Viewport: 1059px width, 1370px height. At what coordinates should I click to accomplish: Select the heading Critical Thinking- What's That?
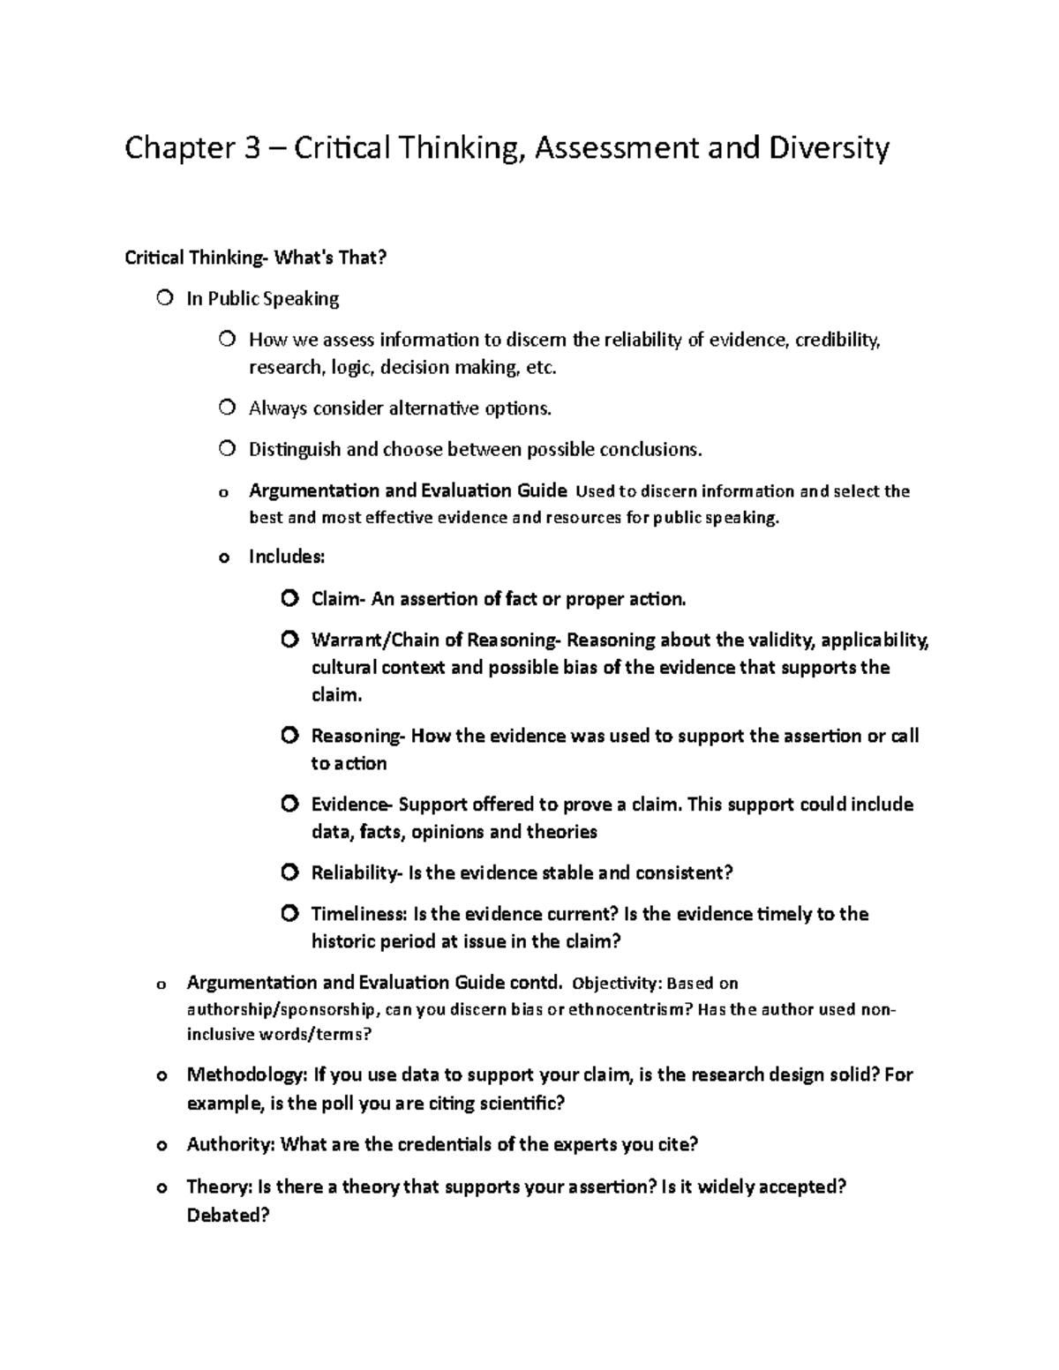[x=256, y=258]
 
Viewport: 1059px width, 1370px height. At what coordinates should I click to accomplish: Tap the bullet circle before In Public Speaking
[x=165, y=298]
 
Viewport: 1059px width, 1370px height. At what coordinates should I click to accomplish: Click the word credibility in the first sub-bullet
[x=837, y=340]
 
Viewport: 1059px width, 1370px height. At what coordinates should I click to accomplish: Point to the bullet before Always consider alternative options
[x=228, y=408]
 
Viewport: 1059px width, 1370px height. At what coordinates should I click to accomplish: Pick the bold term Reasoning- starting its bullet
[x=357, y=736]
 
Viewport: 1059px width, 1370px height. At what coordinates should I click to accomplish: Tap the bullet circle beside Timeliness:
[x=289, y=913]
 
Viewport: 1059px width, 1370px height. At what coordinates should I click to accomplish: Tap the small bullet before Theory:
[x=161, y=1187]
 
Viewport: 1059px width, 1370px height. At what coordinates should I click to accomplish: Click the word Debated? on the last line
[x=228, y=1215]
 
